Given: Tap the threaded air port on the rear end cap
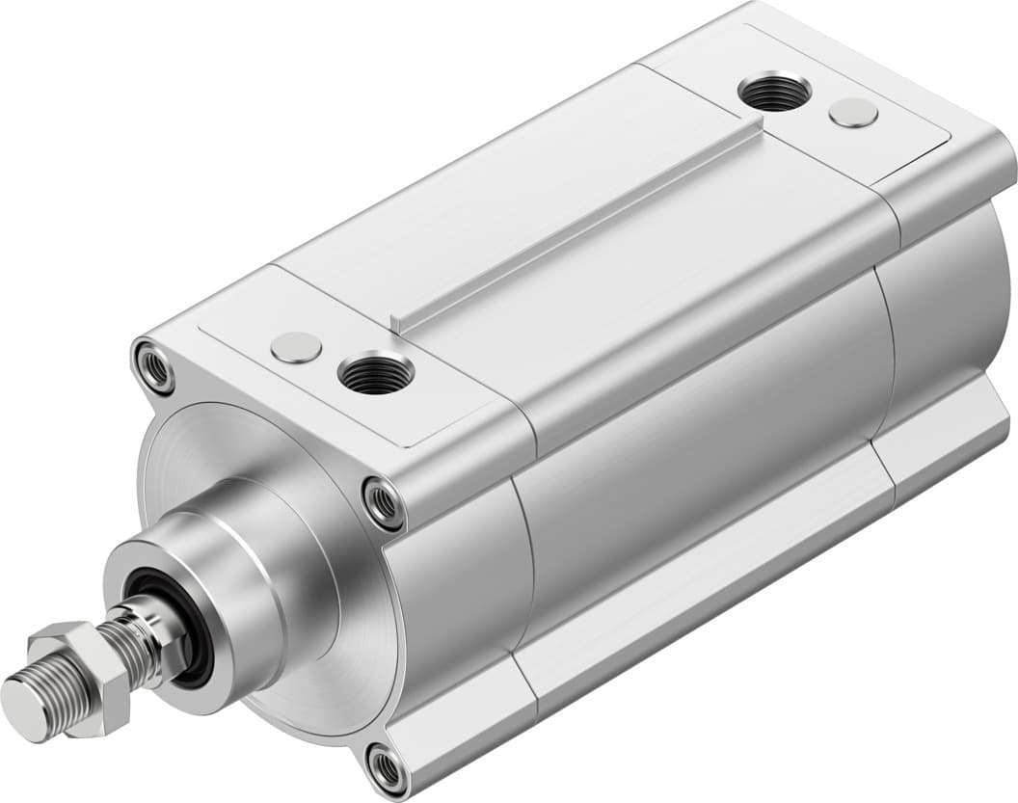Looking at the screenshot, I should coord(774,92).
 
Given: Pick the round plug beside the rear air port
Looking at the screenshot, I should coord(853,112).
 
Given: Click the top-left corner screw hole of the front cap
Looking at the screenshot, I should coord(153,366).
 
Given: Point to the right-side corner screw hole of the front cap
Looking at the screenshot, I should coord(384,502).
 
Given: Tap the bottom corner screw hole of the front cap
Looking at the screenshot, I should coord(388,768).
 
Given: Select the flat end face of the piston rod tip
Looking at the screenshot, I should coord(23,709).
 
